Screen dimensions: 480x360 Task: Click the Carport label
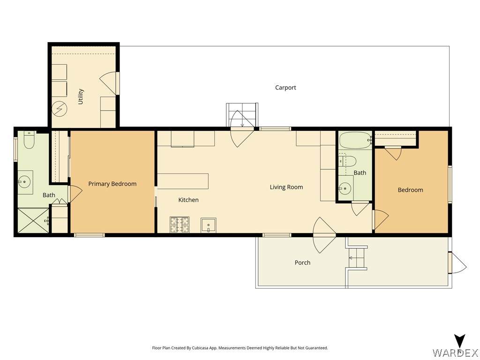[285, 88]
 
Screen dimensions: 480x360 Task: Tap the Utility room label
[81, 97]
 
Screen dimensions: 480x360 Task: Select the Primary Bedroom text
[112, 184]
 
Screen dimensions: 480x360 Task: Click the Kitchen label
[188, 200]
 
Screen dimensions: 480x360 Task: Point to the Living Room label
[286, 187]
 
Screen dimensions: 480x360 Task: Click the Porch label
[302, 262]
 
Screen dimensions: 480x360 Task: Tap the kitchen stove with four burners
[180, 225]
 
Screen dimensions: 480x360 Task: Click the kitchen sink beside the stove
[209, 225]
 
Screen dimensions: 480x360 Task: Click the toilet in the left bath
[29, 140]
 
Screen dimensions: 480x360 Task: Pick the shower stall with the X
[33, 220]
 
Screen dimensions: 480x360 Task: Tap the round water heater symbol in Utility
[59, 108]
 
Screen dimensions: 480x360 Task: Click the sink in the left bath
[24, 182]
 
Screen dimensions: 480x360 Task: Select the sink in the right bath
[345, 188]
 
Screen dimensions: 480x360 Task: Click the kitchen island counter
[183, 181]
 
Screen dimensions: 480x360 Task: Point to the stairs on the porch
[356, 258]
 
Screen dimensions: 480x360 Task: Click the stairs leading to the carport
[242, 115]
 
